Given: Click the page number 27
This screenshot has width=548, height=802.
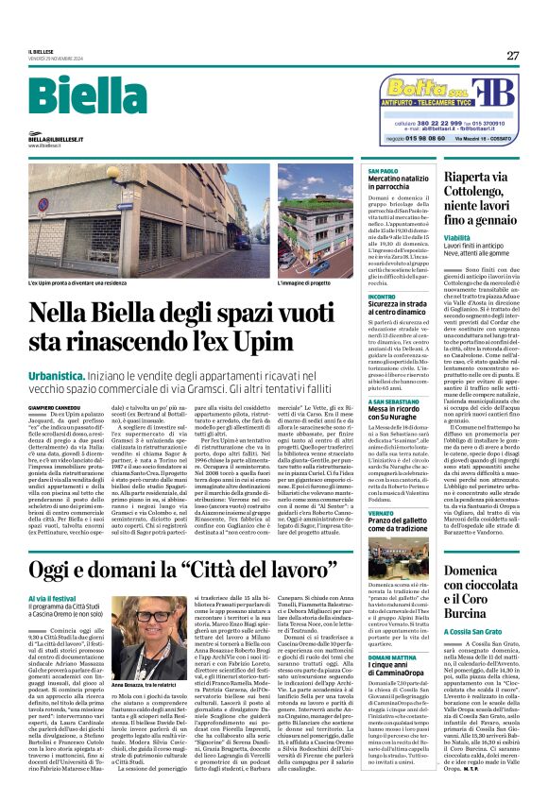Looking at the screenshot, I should pos(512,55).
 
